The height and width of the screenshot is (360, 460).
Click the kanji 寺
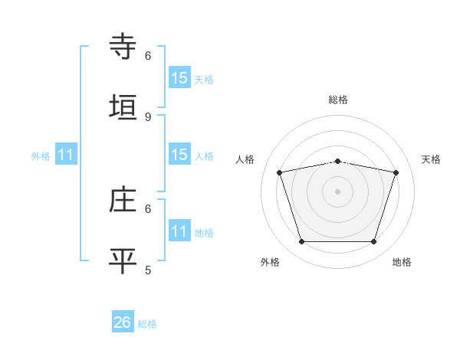click(123, 47)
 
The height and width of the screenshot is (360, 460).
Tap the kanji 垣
click(123, 107)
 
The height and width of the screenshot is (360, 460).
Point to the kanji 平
click(123, 260)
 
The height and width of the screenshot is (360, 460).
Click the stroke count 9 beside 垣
click(148, 116)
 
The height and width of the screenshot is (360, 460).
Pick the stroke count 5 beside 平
click(148, 270)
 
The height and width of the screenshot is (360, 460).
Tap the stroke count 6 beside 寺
click(148, 56)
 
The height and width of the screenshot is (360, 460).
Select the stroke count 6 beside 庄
click(148, 208)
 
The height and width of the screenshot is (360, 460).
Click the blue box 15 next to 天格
click(179, 78)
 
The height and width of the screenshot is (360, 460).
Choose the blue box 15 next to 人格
click(179, 155)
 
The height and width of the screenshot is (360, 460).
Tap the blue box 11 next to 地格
click(179, 231)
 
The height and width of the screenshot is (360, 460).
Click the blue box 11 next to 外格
click(66, 155)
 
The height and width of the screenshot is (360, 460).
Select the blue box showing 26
click(123, 322)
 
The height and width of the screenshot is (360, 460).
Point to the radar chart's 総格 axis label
click(338, 100)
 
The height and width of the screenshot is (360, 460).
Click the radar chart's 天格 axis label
click(431, 159)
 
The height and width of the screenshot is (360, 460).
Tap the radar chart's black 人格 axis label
click(245, 159)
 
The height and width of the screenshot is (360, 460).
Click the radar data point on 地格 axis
click(374, 242)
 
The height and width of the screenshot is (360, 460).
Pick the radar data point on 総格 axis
click(338, 161)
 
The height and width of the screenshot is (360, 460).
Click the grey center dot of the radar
click(338, 191)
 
